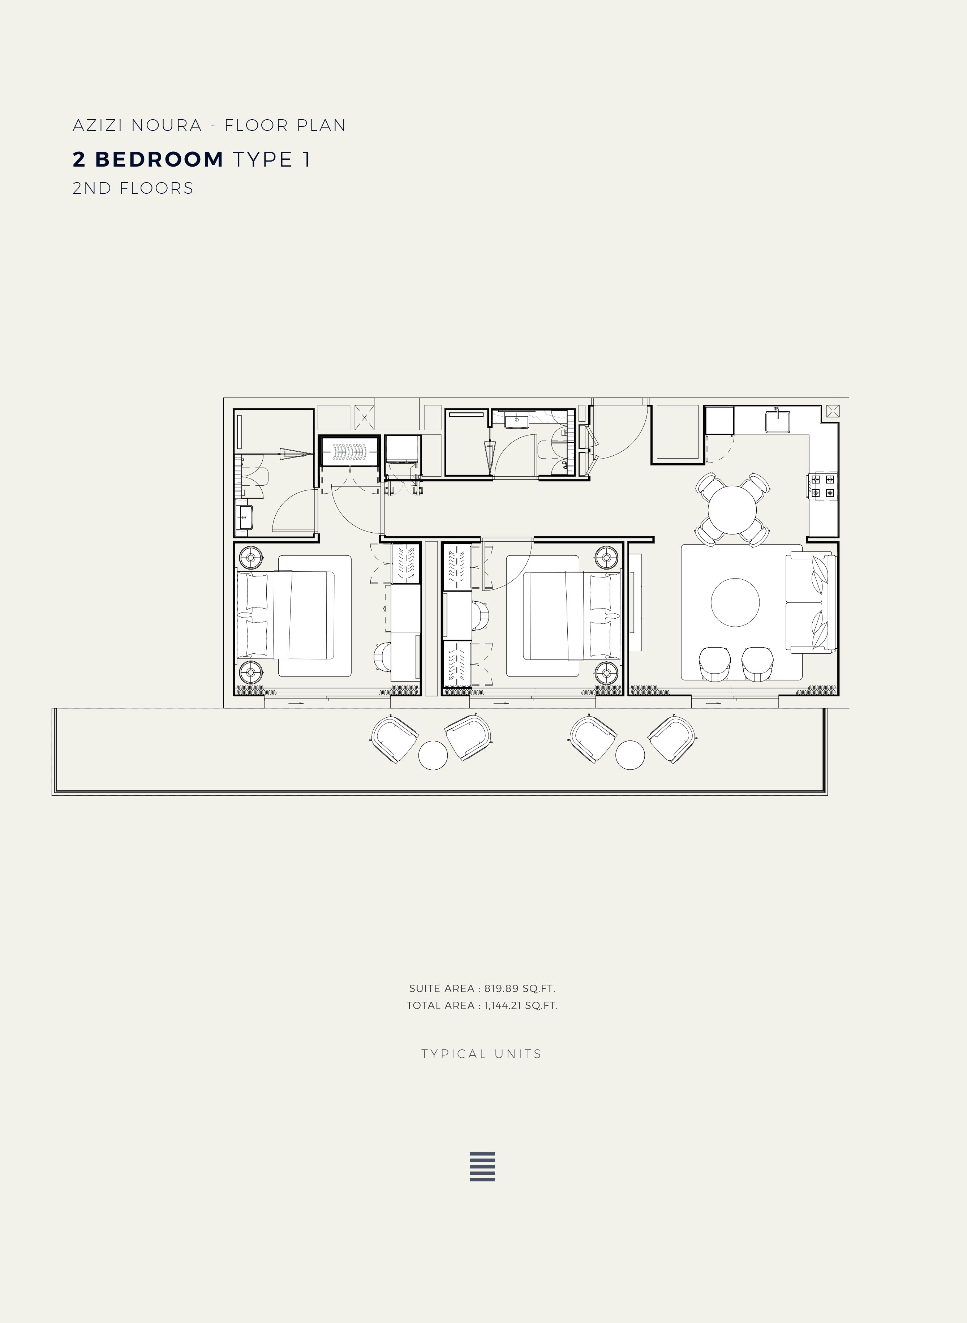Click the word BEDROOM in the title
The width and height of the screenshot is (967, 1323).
pyautogui.click(x=159, y=159)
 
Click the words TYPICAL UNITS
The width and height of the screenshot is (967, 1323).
pyautogui.click(x=482, y=1054)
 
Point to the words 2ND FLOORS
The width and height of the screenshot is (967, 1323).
pyautogui.click(x=133, y=188)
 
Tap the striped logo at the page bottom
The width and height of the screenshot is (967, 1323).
pyautogui.click(x=482, y=1167)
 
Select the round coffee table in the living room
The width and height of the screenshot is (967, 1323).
pyautogui.click(x=735, y=602)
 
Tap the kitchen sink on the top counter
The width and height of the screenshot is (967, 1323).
pyautogui.click(x=777, y=421)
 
